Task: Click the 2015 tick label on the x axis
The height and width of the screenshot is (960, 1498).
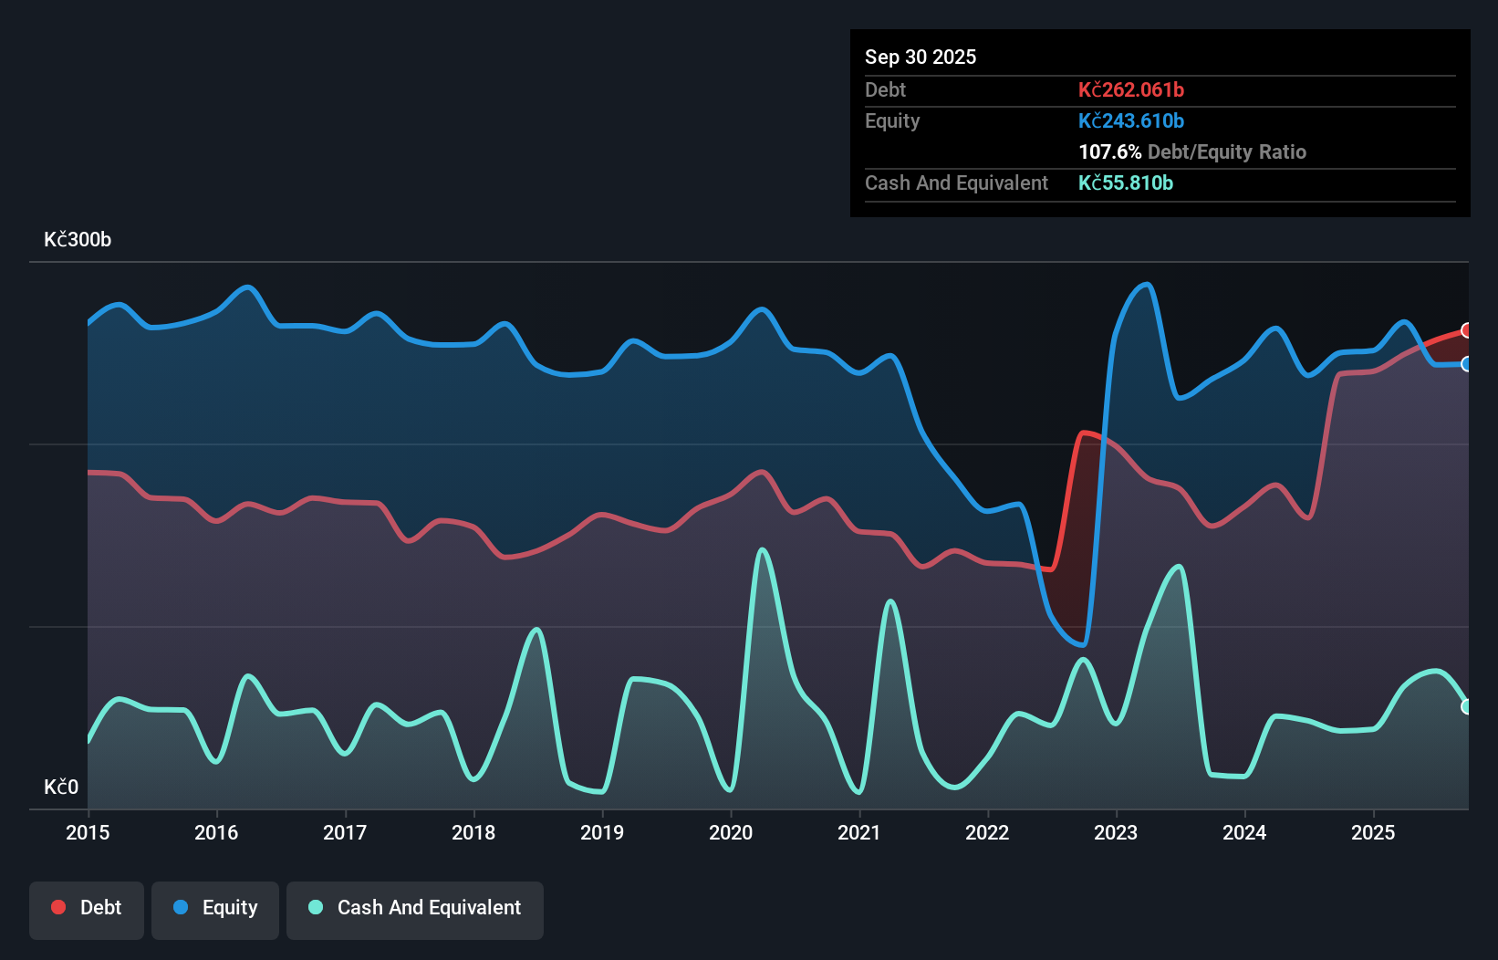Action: click(x=88, y=832)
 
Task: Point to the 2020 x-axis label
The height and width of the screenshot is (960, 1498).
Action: click(x=731, y=832)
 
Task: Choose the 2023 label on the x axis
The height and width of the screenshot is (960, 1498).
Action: click(x=1116, y=832)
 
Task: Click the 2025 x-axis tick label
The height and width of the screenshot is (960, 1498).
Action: click(x=1373, y=832)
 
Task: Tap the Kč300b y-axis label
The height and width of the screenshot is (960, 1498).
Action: click(x=78, y=240)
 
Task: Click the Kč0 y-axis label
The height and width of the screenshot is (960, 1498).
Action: click(x=61, y=787)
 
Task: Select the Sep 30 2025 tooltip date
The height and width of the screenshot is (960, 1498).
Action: click(x=920, y=57)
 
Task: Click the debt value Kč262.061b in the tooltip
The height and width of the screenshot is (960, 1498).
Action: click(x=1130, y=89)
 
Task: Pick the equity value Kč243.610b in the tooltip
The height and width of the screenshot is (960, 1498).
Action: click(x=1130, y=120)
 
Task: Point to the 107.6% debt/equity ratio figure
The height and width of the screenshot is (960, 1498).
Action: click(x=1109, y=151)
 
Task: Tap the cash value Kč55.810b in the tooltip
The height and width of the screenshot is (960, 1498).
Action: click(x=1125, y=183)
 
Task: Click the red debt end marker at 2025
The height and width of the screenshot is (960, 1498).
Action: click(x=1466, y=330)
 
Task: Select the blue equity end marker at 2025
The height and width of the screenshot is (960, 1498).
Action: click(x=1466, y=364)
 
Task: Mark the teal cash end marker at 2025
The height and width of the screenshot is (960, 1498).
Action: click(x=1466, y=706)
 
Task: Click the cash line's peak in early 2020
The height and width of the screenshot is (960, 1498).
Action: click(x=762, y=550)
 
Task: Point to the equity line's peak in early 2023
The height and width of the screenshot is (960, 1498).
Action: click(x=1147, y=285)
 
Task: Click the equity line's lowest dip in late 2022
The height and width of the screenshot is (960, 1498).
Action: click(x=1082, y=644)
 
